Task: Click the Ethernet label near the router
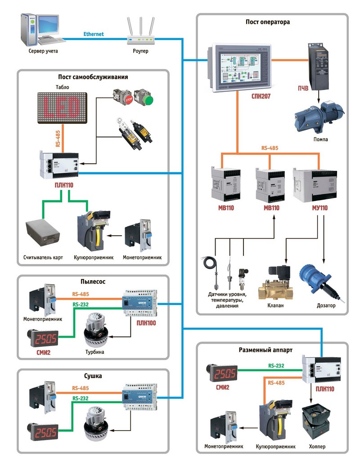pyautogui.click(x=94, y=34)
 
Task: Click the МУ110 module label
pyautogui.click(x=318, y=208)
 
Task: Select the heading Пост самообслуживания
pyautogui.click(x=93, y=77)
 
